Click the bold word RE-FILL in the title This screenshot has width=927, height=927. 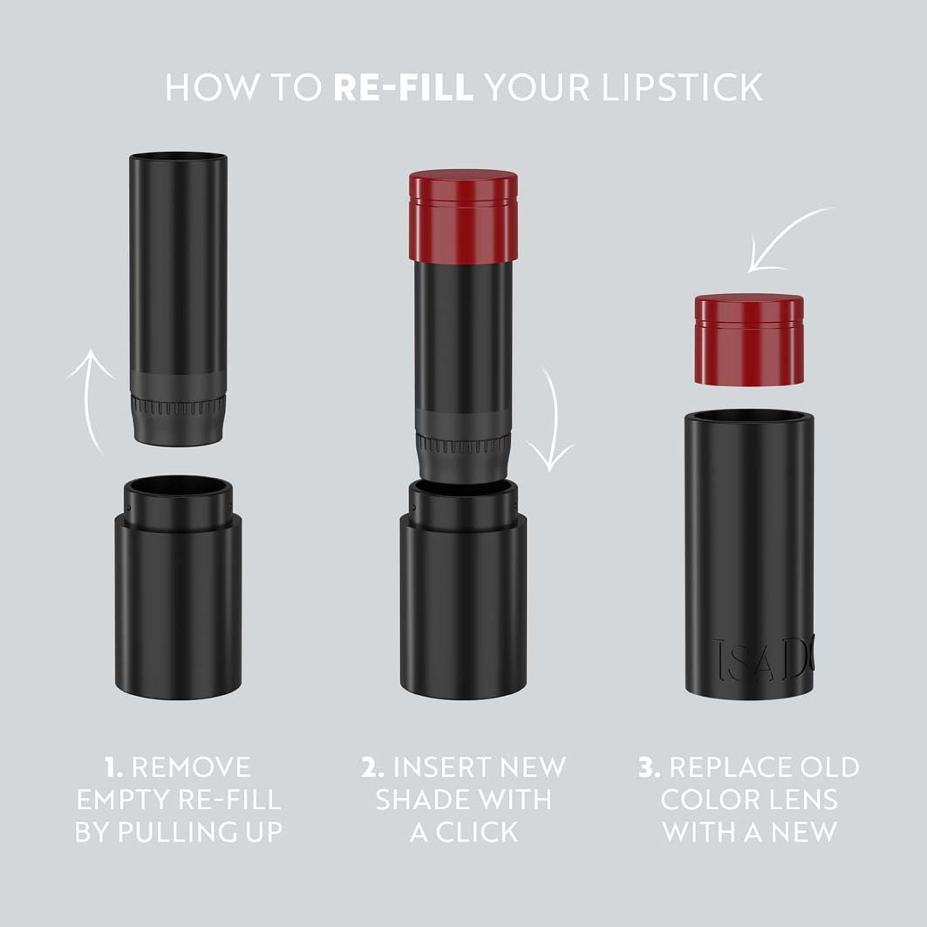click(403, 88)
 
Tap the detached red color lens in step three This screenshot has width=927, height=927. click(749, 339)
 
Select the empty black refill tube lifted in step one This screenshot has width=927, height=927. click(178, 269)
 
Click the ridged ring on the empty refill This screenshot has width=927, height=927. click(178, 406)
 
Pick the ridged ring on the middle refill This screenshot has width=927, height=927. click(463, 445)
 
